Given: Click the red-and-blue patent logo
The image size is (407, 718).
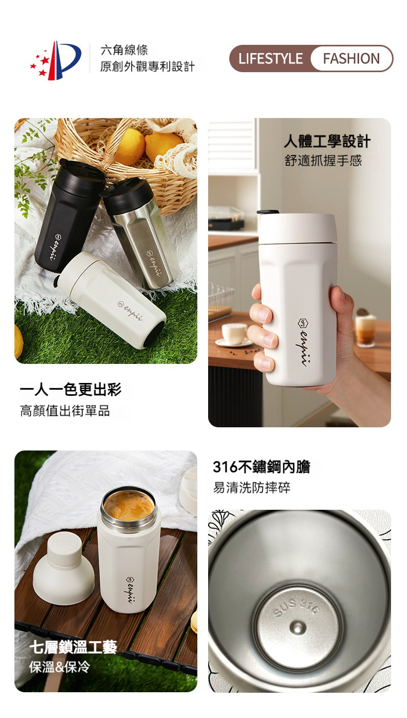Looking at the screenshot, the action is tap(56, 60).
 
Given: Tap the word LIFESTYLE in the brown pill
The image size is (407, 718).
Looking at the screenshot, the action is tap(270, 59).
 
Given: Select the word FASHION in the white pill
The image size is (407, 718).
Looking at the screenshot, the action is tap(351, 59).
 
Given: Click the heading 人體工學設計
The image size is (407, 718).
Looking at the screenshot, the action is tap(327, 141).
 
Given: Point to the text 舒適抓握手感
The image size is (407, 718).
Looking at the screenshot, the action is tap(323, 161).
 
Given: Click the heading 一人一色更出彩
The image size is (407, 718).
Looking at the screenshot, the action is tap(71, 390).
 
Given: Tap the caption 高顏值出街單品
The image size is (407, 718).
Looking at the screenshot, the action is tap(65, 411).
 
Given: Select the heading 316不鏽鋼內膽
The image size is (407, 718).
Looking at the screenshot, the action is tap(262, 466).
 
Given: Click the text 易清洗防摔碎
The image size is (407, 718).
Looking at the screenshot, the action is tap(251, 488).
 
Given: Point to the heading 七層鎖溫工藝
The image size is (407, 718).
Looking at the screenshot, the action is tap(73, 647).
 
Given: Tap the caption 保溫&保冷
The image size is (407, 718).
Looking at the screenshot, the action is tap(60, 667).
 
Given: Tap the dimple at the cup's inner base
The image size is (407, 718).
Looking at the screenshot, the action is tap(298, 627).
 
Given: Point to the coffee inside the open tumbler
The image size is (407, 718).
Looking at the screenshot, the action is tap(129, 507).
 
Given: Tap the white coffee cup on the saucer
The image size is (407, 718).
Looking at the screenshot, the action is tap(234, 333).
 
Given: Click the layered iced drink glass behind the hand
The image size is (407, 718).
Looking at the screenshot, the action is tap(365, 330).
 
